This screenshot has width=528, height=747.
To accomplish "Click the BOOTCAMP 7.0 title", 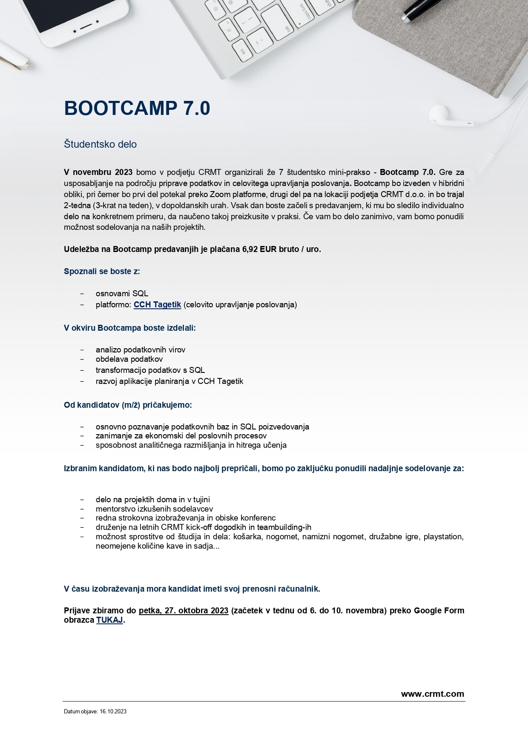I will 137,109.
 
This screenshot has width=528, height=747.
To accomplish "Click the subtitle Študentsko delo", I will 100,144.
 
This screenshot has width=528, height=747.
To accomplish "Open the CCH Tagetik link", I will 157,305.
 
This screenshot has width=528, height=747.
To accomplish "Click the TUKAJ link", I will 109,620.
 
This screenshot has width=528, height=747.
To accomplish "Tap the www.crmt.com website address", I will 432,694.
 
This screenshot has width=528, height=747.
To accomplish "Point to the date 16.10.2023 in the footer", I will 113,711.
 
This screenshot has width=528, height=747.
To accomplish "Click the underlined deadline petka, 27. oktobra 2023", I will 184,611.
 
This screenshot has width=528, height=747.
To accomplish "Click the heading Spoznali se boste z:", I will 102,272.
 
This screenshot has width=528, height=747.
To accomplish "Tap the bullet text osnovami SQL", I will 122,294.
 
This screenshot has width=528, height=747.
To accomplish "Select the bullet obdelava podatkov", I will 129,359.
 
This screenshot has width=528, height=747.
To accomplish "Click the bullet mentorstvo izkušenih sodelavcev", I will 154,509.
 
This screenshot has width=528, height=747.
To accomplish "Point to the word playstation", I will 443,537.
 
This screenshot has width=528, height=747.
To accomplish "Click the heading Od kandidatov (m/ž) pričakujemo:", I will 128,405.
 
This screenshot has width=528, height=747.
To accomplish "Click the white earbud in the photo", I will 439,114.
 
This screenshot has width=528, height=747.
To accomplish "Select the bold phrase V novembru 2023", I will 98,172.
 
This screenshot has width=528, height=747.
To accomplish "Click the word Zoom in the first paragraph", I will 220,195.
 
